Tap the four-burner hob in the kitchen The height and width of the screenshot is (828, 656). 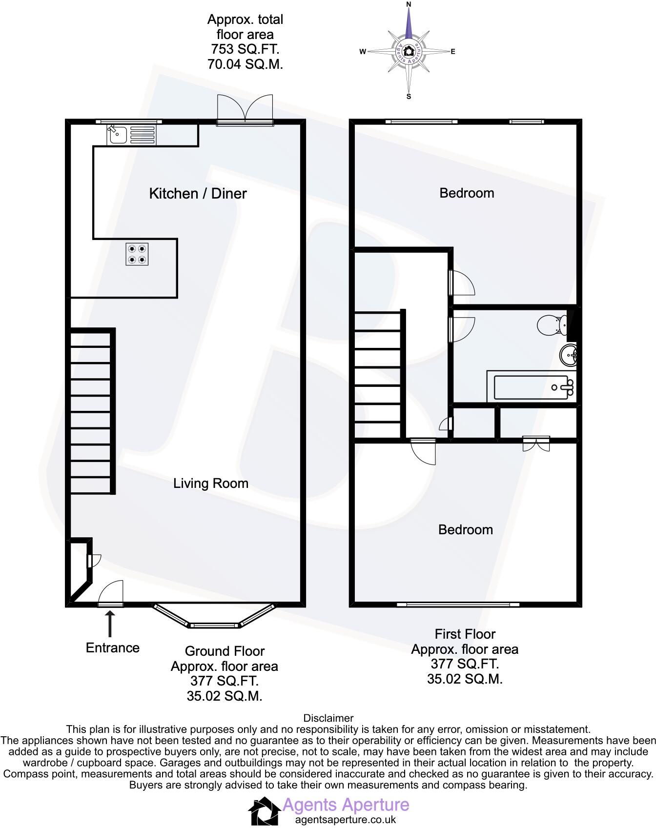[x=137, y=254]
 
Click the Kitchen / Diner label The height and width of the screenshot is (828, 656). [x=198, y=193]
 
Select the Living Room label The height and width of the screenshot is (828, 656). [x=211, y=483]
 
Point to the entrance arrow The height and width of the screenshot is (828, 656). [x=110, y=624]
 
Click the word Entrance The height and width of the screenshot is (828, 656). [x=113, y=647]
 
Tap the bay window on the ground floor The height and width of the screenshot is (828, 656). [x=214, y=616]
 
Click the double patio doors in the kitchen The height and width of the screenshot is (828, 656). [x=245, y=110]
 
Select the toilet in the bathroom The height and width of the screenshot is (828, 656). [x=553, y=325]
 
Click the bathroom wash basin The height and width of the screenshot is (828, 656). [x=569, y=355]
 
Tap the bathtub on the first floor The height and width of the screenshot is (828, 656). [x=532, y=386]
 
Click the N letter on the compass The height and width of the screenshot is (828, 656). [x=409, y=4]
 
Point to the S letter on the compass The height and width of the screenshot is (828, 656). [x=409, y=97]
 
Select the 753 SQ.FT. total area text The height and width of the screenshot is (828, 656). [x=245, y=49]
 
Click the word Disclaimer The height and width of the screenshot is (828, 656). [x=328, y=718]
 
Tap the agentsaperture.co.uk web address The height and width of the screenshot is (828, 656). [x=346, y=820]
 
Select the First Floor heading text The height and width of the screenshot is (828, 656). [x=465, y=634]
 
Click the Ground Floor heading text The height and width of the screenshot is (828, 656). [x=225, y=651]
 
